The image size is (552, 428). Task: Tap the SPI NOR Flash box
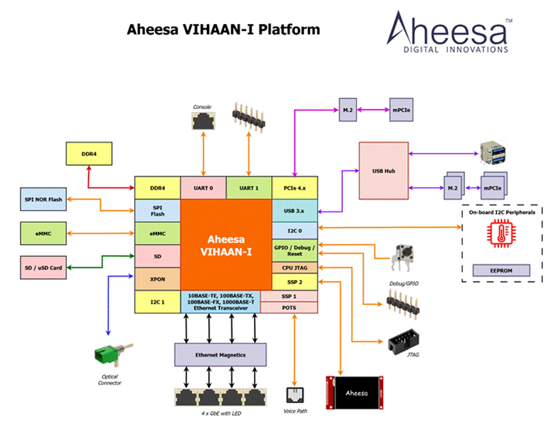coord(43,200)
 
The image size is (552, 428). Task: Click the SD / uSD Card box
coord(43,266)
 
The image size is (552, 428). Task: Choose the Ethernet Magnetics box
coord(219,354)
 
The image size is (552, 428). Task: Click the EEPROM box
coord(501,271)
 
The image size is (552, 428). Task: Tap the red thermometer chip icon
coord(501,236)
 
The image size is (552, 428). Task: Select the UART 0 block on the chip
coord(203,188)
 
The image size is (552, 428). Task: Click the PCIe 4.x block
coord(295,188)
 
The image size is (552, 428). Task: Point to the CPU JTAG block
coord(295,267)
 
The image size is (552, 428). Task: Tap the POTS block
coord(289,307)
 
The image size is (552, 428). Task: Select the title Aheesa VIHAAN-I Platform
coord(224,30)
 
